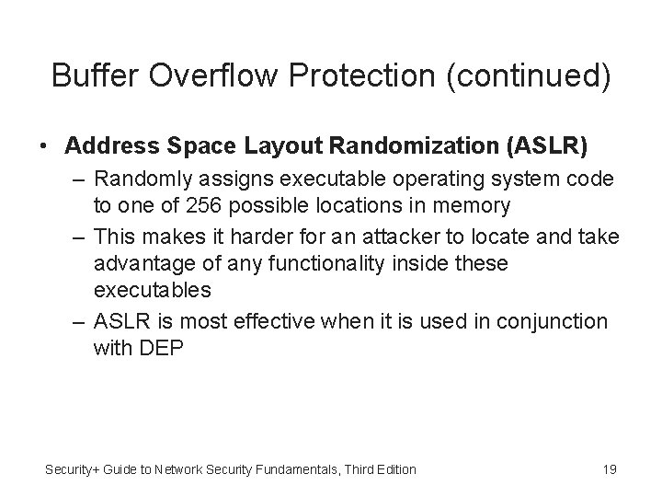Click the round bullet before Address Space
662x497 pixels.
point(42,145)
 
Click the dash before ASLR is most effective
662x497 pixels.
point(78,322)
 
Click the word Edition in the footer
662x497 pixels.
point(394,469)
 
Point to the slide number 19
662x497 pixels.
point(609,469)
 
